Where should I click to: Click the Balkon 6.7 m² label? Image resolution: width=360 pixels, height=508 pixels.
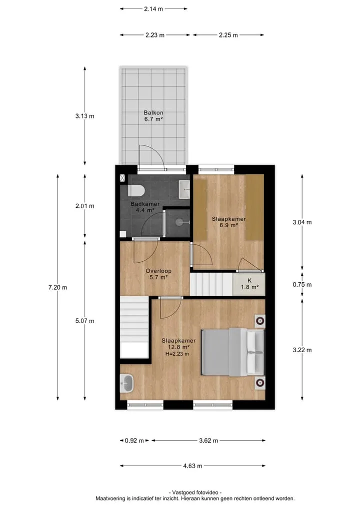click(153, 116)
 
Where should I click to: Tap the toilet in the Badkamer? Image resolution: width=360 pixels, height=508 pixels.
click(136, 190)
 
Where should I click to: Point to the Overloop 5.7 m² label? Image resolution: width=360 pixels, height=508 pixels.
click(158, 274)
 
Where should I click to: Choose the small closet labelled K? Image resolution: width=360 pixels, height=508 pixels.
click(249, 284)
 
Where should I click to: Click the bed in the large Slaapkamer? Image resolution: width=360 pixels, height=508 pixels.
click(233, 352)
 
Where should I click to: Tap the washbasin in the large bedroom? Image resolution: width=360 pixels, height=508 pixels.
click(126, 383)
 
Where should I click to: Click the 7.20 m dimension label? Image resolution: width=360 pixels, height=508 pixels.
click(57, 287)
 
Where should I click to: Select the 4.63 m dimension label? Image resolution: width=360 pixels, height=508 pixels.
click(192, 466)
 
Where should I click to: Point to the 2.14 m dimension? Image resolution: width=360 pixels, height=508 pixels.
click(153, 9)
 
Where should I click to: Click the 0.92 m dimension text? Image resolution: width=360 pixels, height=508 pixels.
click(134, 441)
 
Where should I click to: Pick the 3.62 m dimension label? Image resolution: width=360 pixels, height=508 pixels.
click(208, 441)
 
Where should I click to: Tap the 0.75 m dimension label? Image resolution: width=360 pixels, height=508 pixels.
click(302, 285)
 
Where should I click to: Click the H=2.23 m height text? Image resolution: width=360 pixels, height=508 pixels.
click(177, 354)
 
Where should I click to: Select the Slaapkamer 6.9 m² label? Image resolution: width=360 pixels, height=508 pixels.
click(228, 222)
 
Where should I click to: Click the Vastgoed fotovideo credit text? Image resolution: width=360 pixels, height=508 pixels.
click(195, 493)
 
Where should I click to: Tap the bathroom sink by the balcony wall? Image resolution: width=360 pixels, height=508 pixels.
click(184, 189)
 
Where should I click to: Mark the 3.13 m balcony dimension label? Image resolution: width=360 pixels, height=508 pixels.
click(85, 116)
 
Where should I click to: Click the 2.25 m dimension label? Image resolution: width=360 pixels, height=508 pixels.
click(228, 35)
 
